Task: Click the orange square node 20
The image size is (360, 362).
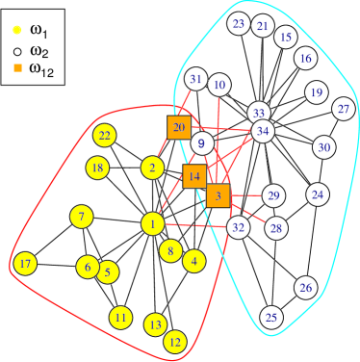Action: pyautogui.click(x=178, y=127)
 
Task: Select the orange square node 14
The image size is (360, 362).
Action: pyautogui.click(x=194, y=176)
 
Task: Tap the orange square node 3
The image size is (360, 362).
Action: pyautogui.click(x=219, y=196)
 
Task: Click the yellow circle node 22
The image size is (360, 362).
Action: pyautogui.click(x=105, y=136)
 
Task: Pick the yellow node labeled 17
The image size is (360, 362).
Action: pyautogui.click(x=25, y=264)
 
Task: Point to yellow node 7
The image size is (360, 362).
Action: pyautogui.click(x=82, y=216)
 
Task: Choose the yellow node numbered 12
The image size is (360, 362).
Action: pyautogui.click(x=175, y=341)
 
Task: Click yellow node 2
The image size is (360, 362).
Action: pyautogui.click(x=152, y=168)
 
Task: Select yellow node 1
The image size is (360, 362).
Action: pyautogui.click(x=152, y=224)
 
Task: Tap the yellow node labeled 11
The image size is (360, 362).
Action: pyautogui.click(x=120, y=317)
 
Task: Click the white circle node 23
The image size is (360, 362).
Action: pyautogui.click(x=240, y=24)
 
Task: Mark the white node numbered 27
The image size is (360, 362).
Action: pyautogui.click(x=344, y=109)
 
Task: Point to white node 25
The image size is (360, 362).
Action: pyautogui.click(x=271, y=317)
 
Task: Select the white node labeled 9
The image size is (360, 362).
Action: pyautogui.click(x=201, y=144)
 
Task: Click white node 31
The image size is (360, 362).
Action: pyautogui.click(x=195, y=80)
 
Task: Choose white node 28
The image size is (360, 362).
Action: pyautogui.click(x=276, y=228)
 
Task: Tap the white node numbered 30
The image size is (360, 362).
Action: pyautogui.click(x=323, y=147)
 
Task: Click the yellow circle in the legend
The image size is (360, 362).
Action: pyautogui.click(x=17, y=30)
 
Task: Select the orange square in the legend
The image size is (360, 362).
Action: pyautogui.click(x=17, y=67)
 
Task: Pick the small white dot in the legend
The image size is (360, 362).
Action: pyautogui.click(x=17, y=50)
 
